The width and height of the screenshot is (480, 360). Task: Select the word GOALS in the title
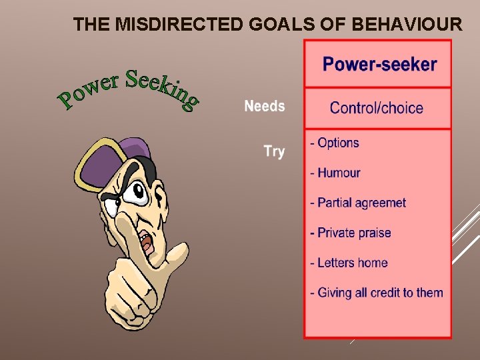pyautogui.click(x=269, y=25)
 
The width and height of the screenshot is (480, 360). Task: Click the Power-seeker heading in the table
pyautogui.click(x=379, y=65)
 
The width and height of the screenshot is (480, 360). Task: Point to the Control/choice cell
pyautogui.click(x=377, y=108)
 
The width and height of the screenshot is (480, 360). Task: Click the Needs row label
pyautogui.click(x=264, y=106)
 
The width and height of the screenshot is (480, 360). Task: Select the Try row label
pyautogui.click(x=274, y=151)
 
